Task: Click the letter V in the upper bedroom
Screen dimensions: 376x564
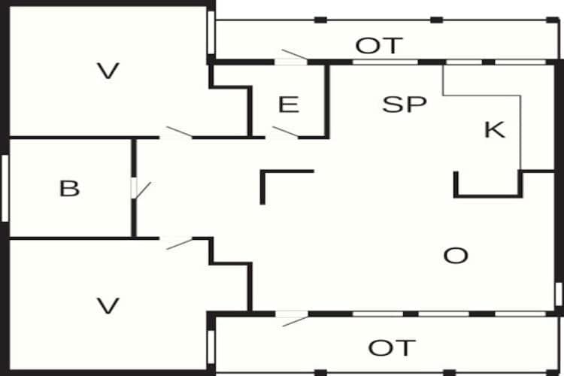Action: click(x=108, y=71)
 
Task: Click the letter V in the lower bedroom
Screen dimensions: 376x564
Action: click(x=109, y=306)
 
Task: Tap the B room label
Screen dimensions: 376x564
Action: click(x=69, y=188)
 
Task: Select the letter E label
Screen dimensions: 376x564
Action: click(x=288, y=105)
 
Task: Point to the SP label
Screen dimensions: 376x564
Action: click(x=405, y=105)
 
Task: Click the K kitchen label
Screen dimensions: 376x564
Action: click(x=494, y=130)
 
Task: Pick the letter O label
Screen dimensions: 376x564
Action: click(x=456, y=256)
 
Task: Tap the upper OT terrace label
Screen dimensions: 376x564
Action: click(x=380, y=46)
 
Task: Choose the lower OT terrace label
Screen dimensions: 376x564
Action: click(x=392, y=348)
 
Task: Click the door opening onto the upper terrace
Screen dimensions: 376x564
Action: click(x=292, y=56)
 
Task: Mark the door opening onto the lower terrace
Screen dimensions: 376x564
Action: click(x=292, y=319)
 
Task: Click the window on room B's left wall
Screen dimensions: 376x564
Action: click(x=5, y=188)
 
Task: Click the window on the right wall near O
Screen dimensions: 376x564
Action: click(x=558, y=293)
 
